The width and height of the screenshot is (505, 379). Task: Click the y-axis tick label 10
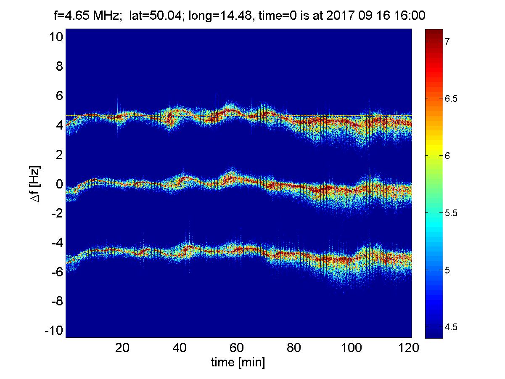coord(56,37)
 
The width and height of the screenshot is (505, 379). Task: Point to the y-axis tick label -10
coord(53,331)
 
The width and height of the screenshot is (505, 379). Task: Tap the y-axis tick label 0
coord(59,184)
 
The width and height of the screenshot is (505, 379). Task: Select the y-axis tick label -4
coord(57,242)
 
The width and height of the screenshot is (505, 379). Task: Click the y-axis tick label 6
coord(59,95)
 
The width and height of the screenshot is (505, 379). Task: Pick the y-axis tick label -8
coord(57,301)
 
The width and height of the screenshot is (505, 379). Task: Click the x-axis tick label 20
coord(122,347)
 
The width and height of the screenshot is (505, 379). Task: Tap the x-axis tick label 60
coord(236,347)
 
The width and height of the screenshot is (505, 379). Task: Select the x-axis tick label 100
coord(351,347)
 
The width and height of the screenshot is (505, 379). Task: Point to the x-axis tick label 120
coord(408,347)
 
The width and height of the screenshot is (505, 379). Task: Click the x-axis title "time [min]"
coord(238,363)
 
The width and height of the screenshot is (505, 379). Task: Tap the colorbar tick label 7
coord(447,41)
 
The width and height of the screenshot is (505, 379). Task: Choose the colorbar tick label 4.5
coord(451,327)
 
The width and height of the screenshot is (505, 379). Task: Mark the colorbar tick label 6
coord(447,156)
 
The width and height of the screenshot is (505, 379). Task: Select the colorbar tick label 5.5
coord(451,213)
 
